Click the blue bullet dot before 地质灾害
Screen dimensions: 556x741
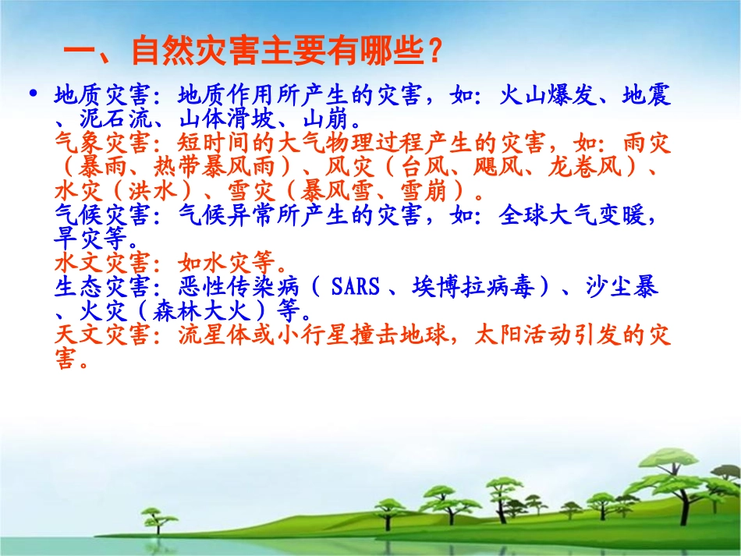(34, 94)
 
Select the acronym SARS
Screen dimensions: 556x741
(355, 287)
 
